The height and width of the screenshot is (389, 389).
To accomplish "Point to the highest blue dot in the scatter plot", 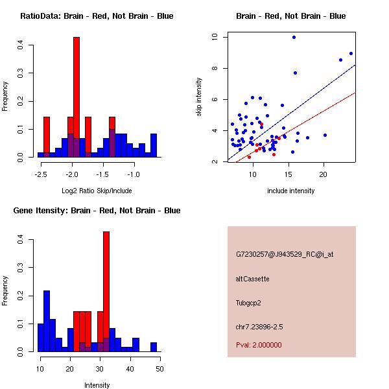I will [294, 38].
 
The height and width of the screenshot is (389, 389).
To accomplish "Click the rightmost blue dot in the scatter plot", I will [351, 54].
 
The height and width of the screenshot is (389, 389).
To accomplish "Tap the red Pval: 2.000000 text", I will [259, 345].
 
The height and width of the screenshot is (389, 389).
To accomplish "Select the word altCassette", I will [252, 279].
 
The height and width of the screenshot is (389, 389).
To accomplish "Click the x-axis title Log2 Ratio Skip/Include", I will [92, 191].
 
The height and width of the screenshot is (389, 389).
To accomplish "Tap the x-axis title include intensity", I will [290, 191].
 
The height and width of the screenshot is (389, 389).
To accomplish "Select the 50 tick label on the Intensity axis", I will [159, 369].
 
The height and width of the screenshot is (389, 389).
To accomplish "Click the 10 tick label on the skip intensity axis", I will [213, 37].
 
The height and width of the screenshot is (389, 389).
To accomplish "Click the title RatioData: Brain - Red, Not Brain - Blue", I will [97, 16].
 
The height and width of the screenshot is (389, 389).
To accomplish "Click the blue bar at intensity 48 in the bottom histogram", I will [154, 347].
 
